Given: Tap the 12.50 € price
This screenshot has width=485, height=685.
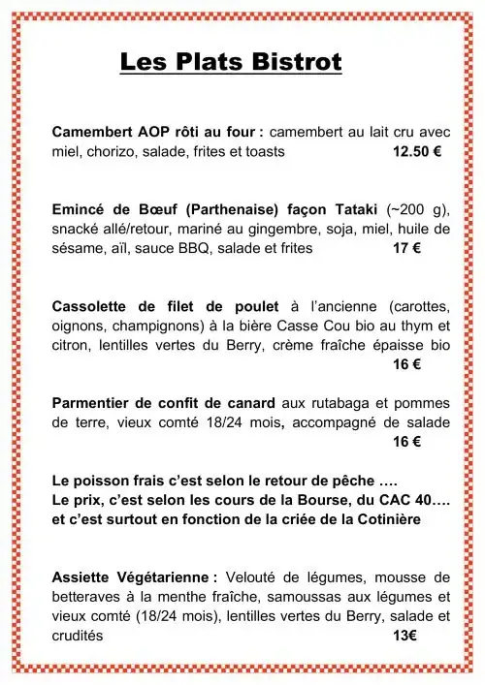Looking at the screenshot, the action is [417, 152].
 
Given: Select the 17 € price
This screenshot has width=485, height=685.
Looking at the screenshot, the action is [406, 248].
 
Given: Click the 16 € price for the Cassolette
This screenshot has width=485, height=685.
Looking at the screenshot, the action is [406, 364].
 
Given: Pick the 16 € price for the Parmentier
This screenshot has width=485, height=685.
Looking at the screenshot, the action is [406, 441].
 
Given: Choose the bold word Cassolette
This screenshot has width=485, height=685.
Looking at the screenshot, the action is [91, 306].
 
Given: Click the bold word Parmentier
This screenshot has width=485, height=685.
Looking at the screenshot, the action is [93, 402].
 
